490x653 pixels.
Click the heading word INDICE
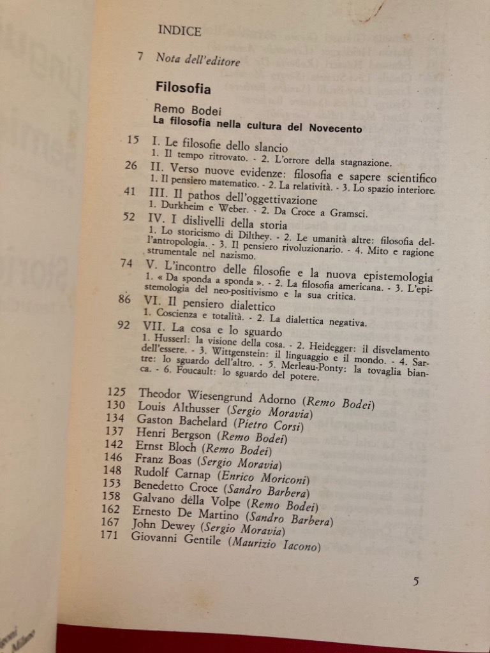[x=179, y=31]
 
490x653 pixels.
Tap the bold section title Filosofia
[x=183, y=87]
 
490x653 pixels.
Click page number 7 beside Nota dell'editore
[x=140, y=57]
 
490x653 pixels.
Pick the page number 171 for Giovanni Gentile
[x=111, y=534]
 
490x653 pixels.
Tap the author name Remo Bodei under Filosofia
[x=183, y=109]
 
